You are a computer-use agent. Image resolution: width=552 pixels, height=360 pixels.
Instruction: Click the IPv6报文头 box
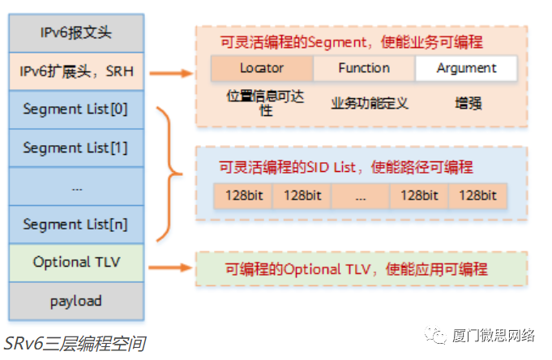[x=76, y=33]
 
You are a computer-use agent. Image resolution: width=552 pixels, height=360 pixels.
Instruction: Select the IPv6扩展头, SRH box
[x=76, y=71]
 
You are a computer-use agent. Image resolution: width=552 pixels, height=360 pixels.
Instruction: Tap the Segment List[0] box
[x=76, y=109]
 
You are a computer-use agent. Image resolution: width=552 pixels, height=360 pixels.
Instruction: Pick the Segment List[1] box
[x=76, y=148]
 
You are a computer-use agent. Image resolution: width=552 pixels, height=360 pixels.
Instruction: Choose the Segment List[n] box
[x=76, y=224]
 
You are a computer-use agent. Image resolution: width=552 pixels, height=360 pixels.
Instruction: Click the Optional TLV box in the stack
[x=76, y=262]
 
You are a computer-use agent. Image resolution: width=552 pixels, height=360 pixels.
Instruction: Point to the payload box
[x=76, y=301]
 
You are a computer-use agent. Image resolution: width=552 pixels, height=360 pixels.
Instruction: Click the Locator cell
[x=262, y=69]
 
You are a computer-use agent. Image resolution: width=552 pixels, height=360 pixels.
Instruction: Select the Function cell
[x=364, y=69]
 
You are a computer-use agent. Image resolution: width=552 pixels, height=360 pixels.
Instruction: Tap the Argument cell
[x=466, y=69]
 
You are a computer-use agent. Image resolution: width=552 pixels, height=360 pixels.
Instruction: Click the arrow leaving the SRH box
[x=171, y=73]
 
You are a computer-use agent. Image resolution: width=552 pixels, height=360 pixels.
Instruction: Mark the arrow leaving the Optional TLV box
[x=171, y=266]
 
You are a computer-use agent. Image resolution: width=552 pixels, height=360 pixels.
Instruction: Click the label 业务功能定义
[x=370, y=103]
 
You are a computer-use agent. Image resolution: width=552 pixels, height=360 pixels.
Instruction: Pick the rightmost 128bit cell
[x=477, y=195]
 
